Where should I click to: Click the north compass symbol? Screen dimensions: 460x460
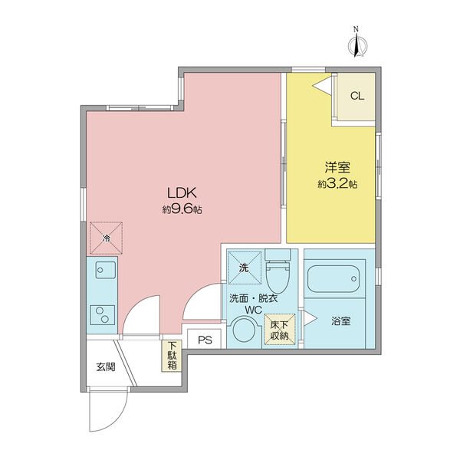[x=357, y=44]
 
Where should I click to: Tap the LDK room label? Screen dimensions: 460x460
[x=182, y=193]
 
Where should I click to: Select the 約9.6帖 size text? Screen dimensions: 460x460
[x=182, y=209]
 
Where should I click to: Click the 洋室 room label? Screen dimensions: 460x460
[x=337, y=167]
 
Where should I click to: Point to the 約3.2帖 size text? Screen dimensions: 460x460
[x=337, y=184]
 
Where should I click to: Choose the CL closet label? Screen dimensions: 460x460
[x=357, y=96]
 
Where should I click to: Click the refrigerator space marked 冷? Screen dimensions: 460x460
[x=106, y=238]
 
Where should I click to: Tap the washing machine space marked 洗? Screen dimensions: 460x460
[x=245, y=268]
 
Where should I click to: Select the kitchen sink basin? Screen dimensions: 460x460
[x=106, y=270]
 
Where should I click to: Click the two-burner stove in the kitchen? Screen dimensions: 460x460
[x=103, y=315]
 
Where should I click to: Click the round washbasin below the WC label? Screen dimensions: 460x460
[x=244, y=330]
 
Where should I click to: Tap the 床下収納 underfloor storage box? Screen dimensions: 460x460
[x=280, y=330]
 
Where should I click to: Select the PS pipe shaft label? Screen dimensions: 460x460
[x=205, y=340]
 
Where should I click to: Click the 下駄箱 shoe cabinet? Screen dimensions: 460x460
[x=172, y=356]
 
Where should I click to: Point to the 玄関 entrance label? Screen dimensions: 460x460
[x=106, y=366]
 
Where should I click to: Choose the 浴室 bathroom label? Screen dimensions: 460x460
[x=341, y=321]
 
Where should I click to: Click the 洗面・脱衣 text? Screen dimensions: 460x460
[x=253, y=299]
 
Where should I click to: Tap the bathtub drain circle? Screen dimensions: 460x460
[x=354, y=279]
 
